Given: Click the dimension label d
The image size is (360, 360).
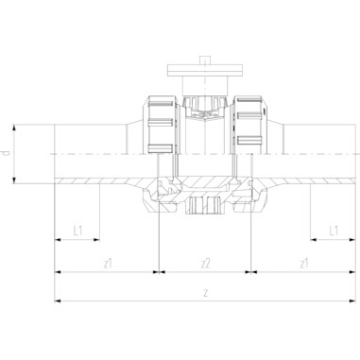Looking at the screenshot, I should (9, 152).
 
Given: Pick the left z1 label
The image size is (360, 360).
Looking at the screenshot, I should (110, 261).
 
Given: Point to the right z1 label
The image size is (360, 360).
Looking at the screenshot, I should (303, 261).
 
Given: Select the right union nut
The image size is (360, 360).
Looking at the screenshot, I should (249, 124).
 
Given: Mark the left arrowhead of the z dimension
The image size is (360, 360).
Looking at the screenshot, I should (60, 301).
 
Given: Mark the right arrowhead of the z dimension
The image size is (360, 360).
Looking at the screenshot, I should (352, 301).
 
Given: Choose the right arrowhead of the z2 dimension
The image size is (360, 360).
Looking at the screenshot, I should (249, 270).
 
